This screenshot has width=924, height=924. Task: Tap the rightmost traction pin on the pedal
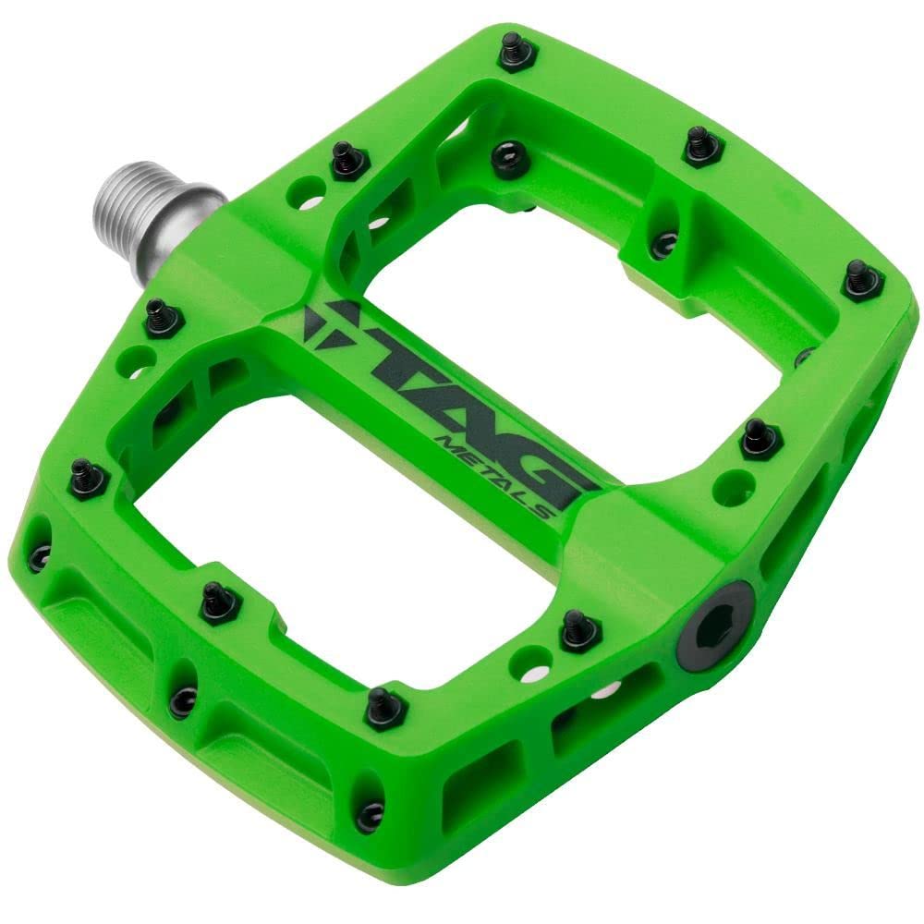862,280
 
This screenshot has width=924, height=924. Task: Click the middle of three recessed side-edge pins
183,700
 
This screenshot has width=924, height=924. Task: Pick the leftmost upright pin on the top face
89,477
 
